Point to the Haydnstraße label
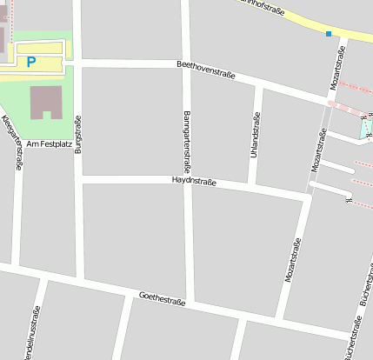pyautogui.click(x=194, y=181)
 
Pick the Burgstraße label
pyautogui.click(x=78, y=134)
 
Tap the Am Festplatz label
pyautogui.click(x=49, y=143)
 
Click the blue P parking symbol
pyautogui.click(x=31, y=62)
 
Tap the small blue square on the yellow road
pyautogui.click(x=329, y=34)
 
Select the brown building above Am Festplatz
pyautogui.click(x=46, y=102)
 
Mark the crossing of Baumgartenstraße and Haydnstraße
pyautogui.click(x=188, y=181)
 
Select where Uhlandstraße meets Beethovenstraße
pyautogui.click(x=258, y=84)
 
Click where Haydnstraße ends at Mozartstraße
pyautogui.click(x=306, y=197)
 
